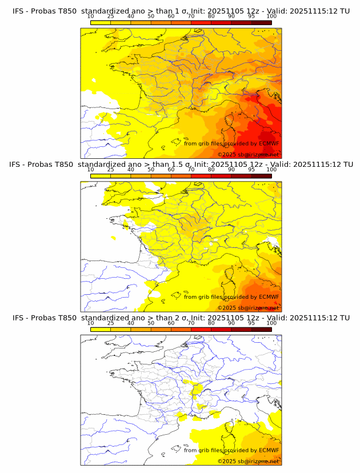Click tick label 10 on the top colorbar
pyautogui.click(x=90, y=16)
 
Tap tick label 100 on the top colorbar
pyautogui.click(x=271, y=16)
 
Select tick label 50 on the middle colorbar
pyautogui.click(x=151, y=170)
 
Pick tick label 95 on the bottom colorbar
pyautogui.click(x=251, y=323)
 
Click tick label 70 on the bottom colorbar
pyautogui.click(x=191, y=323)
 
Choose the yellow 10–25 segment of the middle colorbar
pyautogui.click(x=100, y=175)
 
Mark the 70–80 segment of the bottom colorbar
pyautogui.click(x=201, y=328)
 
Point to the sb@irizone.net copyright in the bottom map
pyautogui.click(x=248, y=460)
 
